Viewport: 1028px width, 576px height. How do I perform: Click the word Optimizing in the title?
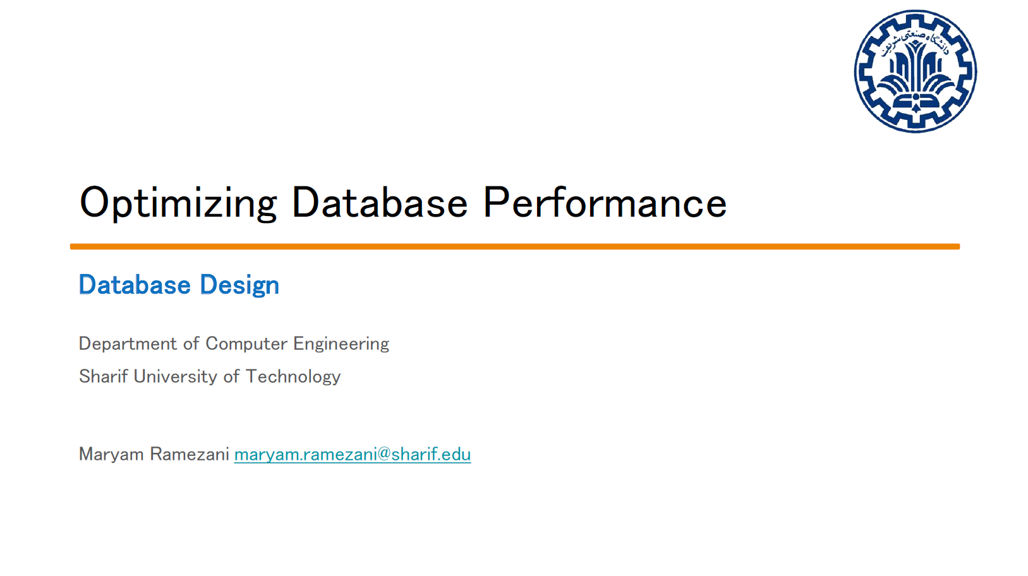tap(178, 203)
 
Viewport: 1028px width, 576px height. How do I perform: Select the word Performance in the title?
tap(605, 203)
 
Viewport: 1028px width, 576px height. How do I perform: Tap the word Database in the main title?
tap(379, 203)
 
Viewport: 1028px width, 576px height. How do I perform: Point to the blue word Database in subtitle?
tap(135, 285)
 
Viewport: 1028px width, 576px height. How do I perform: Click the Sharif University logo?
tap(915, 71)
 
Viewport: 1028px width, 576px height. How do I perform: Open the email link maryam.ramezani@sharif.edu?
tap(352, 454)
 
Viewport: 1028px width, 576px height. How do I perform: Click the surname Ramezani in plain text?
tap(189, 454)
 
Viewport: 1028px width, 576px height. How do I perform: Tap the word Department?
tap(128, 344)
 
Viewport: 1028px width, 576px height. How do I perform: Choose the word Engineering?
tap(341, 344)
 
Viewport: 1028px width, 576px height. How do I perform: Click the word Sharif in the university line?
tap(103, 376)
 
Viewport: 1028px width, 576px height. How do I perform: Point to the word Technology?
tap(293, 376)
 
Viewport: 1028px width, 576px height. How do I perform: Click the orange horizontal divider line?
tap(514, 246)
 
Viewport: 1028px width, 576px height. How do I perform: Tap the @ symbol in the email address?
tap(384, 454)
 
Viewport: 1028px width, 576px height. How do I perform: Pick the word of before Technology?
tap(231, 376)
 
